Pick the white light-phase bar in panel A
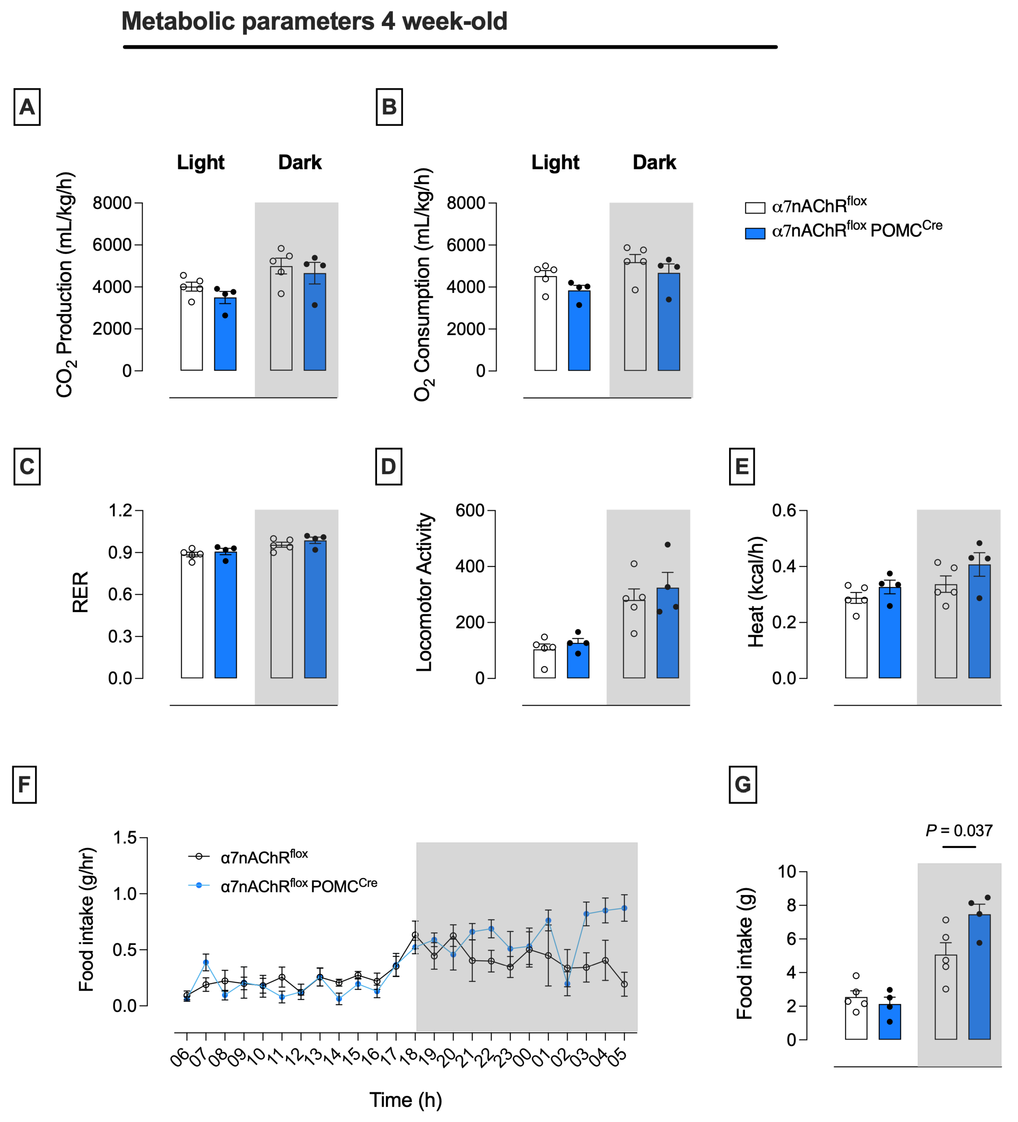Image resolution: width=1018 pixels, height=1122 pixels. coord(192,328)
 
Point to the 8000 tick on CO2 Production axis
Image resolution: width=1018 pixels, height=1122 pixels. coord(112,203)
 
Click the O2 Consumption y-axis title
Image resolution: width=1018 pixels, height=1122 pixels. coord(423,284)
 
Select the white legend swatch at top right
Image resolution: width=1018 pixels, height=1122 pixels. coord(755,208)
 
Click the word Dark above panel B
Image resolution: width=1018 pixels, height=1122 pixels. coord(655,162)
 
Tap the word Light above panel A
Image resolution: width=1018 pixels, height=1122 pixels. coord(201,162)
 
